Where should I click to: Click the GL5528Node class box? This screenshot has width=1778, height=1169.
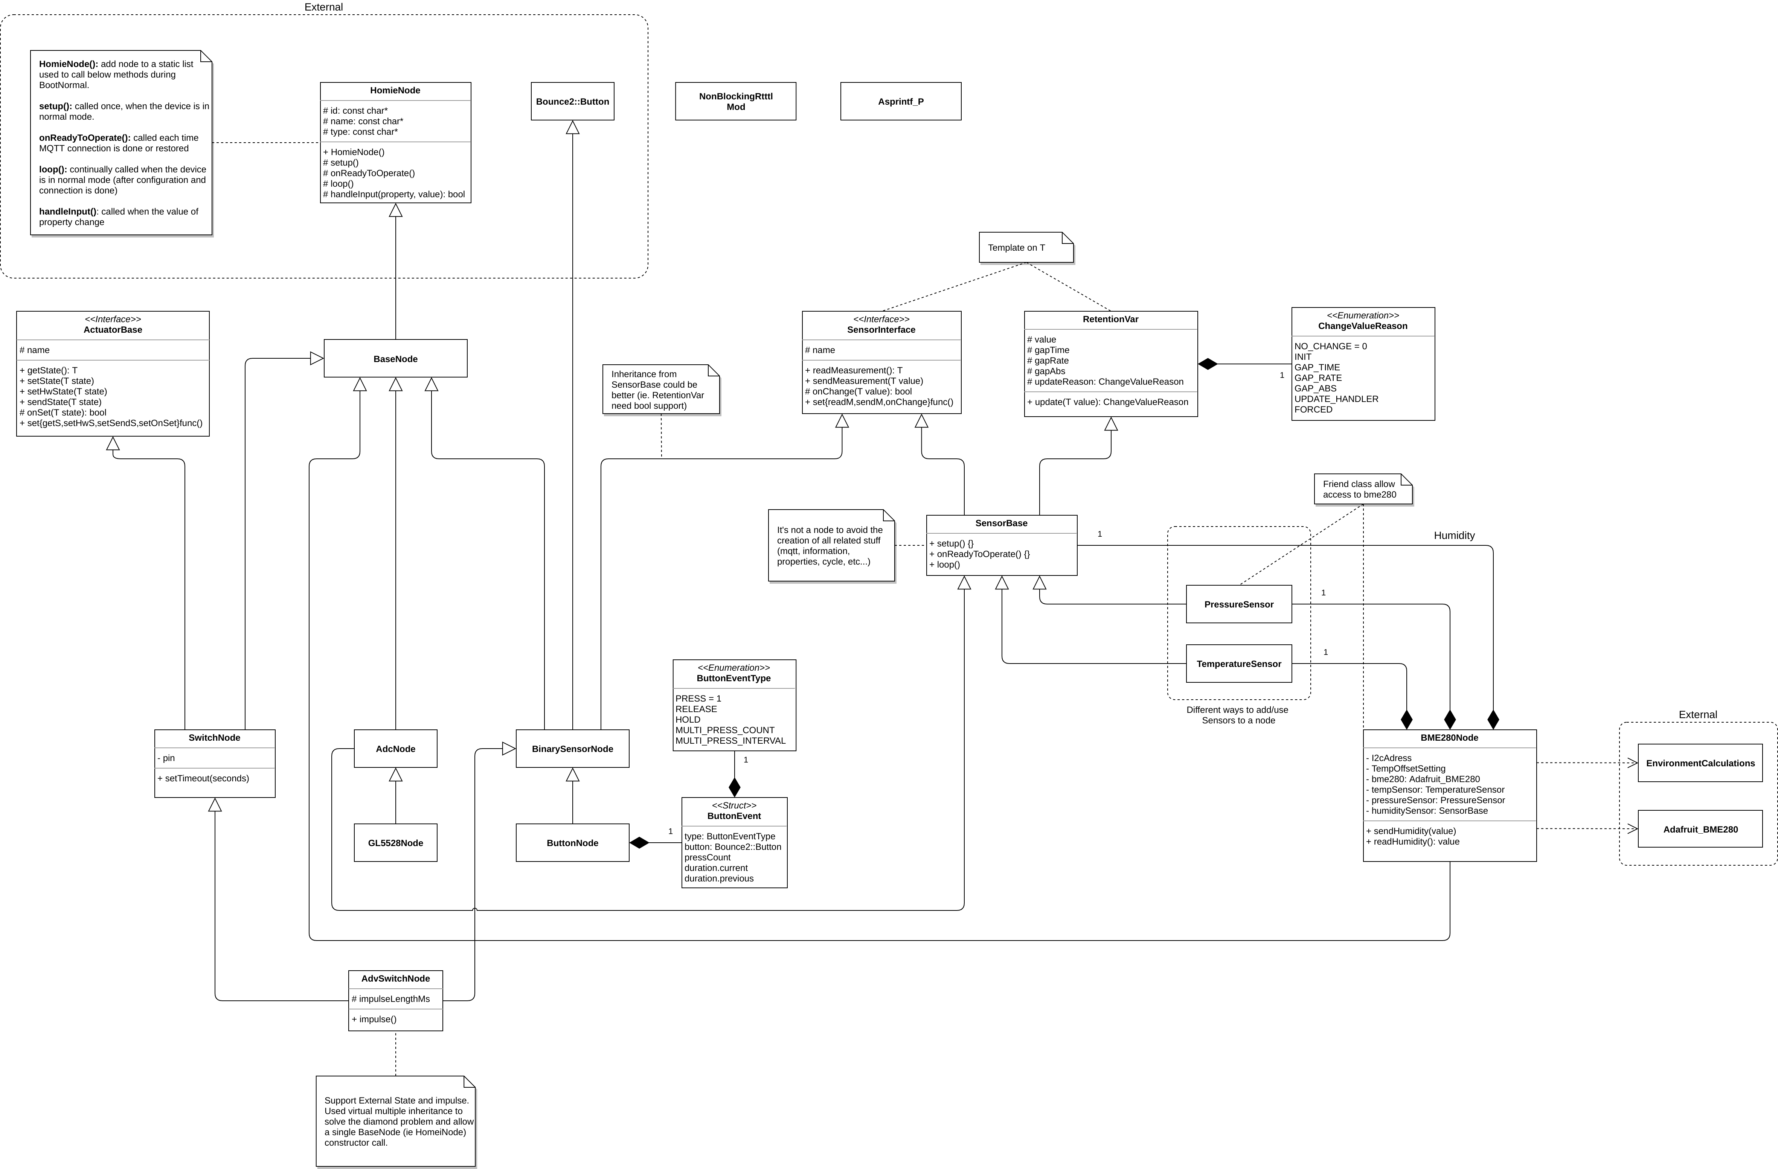click(395, 843)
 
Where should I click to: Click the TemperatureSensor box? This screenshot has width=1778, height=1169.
click(1239, 663)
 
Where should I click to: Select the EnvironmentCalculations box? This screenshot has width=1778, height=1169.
click(1700, 763)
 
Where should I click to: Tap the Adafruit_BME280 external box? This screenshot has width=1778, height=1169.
click(1700, 829)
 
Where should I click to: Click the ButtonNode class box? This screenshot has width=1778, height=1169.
click(572, 843)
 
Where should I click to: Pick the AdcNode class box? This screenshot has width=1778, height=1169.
click(395, 749)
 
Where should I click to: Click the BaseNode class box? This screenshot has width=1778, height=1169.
click(395, 359)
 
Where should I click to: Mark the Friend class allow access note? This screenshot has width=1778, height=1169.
click(1363, 489)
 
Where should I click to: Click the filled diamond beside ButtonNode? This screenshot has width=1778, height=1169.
click(639, 843)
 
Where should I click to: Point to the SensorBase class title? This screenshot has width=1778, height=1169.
click(1001, 523)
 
